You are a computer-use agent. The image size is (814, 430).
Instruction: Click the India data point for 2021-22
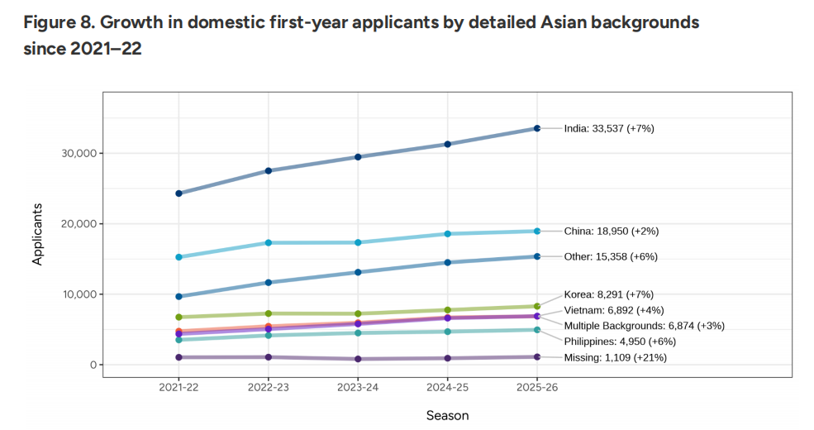tap(179, 193)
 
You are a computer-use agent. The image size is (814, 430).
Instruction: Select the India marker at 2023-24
tap(358, 156)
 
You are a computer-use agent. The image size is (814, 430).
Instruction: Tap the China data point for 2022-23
tap(269, 242)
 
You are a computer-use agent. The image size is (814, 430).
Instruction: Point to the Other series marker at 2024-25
tap(448, 262)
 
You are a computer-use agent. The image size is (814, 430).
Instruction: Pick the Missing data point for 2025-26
tap(537, 357)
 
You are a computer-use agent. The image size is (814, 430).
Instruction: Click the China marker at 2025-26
tap(537, 231)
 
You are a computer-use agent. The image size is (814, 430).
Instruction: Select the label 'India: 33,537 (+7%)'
tap(609, 128)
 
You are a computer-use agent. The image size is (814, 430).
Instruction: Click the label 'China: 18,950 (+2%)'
tap(611, 232)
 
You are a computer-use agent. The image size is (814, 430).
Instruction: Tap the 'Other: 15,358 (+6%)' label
tap(611, 256)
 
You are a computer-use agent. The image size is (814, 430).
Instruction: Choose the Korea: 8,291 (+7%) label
tap(610, 294)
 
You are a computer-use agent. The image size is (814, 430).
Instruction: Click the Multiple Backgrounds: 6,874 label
tap(644, 326)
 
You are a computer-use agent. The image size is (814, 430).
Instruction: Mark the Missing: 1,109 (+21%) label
tap(615, 357)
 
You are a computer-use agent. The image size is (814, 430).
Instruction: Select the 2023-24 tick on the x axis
tap(358, 387)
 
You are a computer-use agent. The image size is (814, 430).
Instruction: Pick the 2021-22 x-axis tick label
tap(179, 387)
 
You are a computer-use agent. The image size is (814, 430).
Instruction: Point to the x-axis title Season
tap(447, 415)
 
